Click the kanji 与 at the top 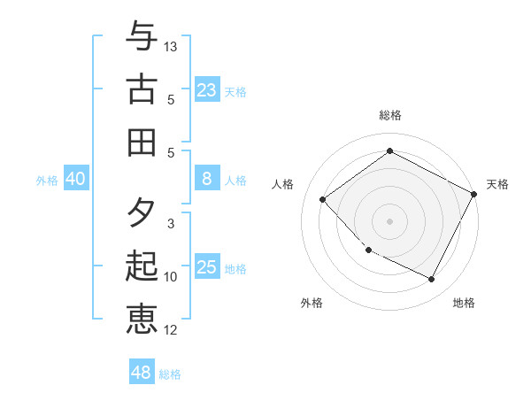point(142,36)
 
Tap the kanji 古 point(142,89)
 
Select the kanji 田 point(142,141)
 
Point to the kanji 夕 point(142,213)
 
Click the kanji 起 point(142,266)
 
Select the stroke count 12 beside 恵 point(171,330)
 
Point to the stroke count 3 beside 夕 point(171,224)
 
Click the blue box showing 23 point(206,89)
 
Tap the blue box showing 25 point(206,267)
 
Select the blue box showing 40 point(75,180)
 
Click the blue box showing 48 point(141,373)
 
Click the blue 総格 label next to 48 point(170,374)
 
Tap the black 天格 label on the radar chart point(497,184)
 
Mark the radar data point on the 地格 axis point(432,280)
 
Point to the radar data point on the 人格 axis point(323,200)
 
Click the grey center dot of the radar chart point(389,221)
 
